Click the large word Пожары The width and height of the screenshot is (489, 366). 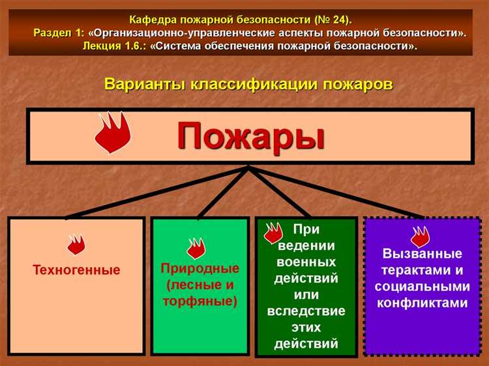point(251,136)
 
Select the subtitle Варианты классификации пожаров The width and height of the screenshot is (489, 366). point(248,85)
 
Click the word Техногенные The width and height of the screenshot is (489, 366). point(76,270)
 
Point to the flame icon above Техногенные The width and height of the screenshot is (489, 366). point(76,245)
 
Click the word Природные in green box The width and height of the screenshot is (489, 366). point(200,269)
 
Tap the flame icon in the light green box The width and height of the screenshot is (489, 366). point(196,248)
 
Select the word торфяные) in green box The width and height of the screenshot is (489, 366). point(200,301)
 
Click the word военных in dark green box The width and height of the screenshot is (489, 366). point(306,262)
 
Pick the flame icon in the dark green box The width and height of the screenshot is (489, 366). point(273,233)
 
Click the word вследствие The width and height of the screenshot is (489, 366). point(306,311)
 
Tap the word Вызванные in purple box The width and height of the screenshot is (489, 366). point(422,254)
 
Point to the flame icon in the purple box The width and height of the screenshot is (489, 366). point(420,236)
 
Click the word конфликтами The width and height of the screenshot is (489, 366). point(422,303)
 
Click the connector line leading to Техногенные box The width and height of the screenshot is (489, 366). point(156,192)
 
